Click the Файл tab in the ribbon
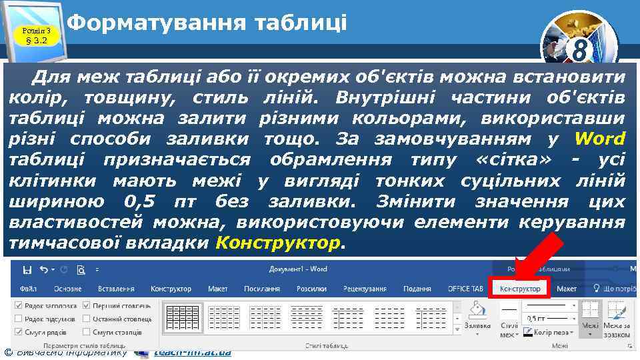click(28, 289)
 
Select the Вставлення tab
click(116, 289)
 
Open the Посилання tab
click(261, 289)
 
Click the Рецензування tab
click(365, 289)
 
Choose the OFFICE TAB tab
click(465, 289)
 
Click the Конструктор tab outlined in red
click(519, 289)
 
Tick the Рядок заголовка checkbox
click(18, 305)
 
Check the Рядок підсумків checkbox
click(18, 319)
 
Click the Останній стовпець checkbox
click(87, 319)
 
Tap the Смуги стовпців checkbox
click(87, 332)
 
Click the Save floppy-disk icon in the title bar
click(27, 270)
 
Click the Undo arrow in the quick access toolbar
click(45, 270)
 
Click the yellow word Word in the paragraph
click(600, 139)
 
